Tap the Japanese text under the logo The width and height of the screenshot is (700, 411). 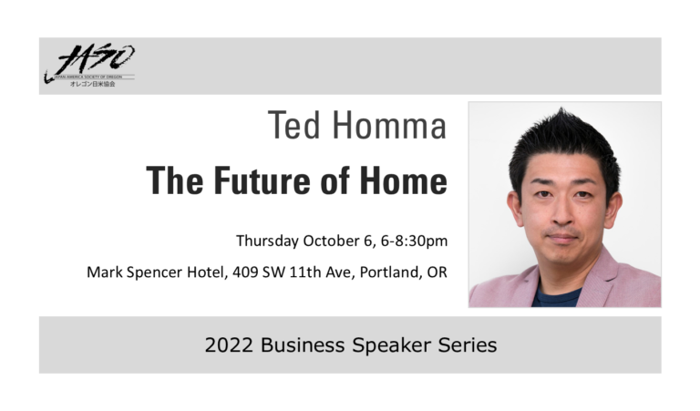click(92, 84)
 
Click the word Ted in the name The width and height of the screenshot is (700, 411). click(294, 126)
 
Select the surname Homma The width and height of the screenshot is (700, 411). click(389, 126)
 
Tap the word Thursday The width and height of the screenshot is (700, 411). click(267, 241)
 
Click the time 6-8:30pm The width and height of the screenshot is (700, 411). click(415, 241)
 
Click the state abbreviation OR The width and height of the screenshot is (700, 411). click(437, 272)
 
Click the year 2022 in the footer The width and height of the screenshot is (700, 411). click(230, 345)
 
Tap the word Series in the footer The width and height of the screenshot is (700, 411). click(468, 345)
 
